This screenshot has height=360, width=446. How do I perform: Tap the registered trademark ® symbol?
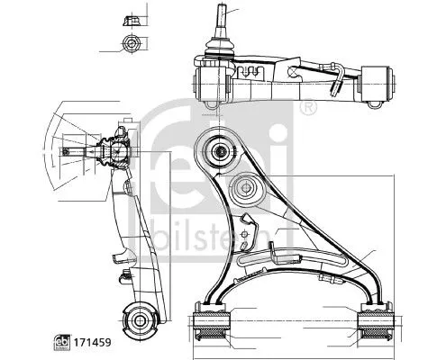(x=309, y=108)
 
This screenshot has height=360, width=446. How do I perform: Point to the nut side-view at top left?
(x=127, y=18)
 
